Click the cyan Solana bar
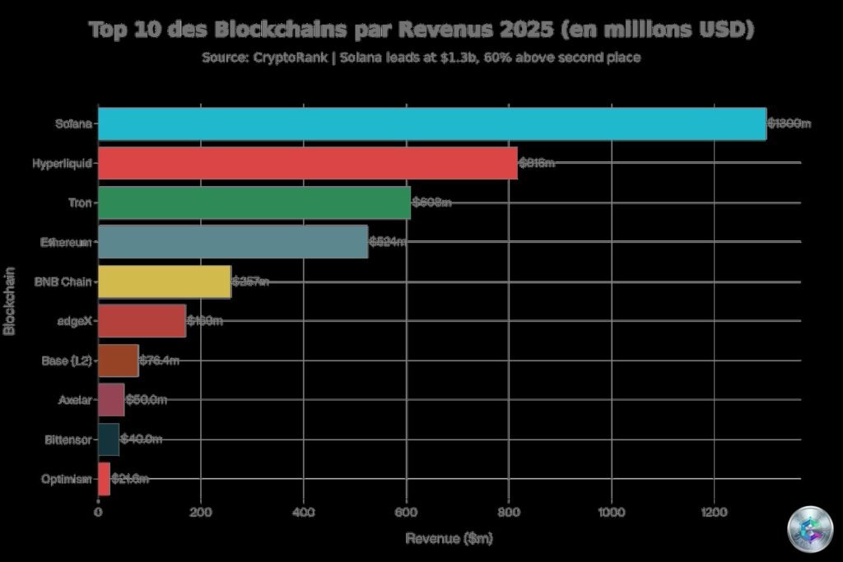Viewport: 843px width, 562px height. [432, 123]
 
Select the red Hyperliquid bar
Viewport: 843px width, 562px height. [307, 163]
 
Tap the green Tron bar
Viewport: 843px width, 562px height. [254, 202]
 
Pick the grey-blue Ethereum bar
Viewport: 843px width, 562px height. [233, 242]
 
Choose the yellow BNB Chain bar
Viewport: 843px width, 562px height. [165, 281]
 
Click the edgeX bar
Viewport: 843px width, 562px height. [142, 321]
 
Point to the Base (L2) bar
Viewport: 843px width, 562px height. [118, 360]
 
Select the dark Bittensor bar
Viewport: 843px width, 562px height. [109, 439]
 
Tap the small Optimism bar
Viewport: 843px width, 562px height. [104, 479]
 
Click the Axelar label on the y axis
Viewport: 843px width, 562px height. [75, 400]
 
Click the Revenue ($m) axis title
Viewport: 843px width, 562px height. [449, 538]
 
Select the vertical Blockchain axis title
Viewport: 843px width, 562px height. [11, 300]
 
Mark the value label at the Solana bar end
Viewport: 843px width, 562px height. [789, 123]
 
